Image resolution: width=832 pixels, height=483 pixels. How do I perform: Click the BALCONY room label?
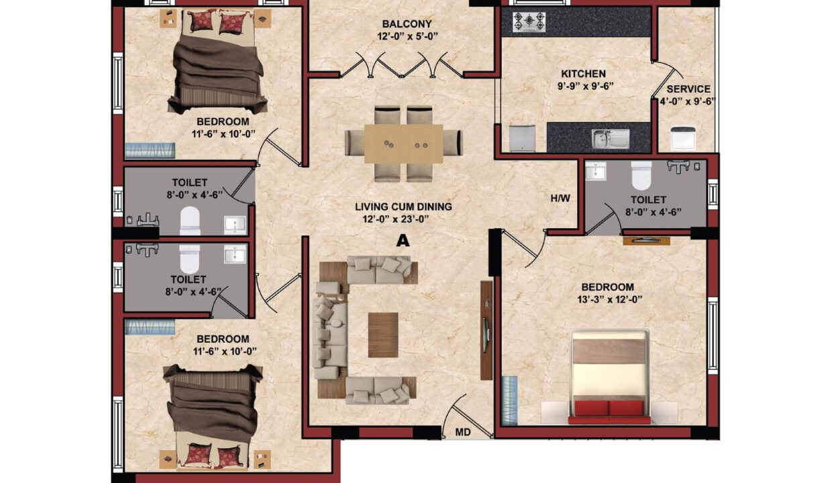click(407, 24)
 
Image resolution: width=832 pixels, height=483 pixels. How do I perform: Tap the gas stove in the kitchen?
click(529, 22)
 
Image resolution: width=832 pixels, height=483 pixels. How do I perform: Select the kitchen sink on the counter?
click(611, 139)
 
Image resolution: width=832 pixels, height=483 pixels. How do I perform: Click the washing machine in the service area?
click(683, 138)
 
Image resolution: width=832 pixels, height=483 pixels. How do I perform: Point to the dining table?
click(404, 144)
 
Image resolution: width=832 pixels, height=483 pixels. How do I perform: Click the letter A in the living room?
click(403, 241)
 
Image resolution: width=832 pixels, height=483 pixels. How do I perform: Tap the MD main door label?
click(463, 432)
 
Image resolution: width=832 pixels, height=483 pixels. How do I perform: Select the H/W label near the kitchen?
click(560, 199)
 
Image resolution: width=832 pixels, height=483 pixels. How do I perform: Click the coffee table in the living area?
click(383, 335)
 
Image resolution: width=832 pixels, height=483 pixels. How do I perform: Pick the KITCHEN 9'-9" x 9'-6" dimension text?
click(585, 86)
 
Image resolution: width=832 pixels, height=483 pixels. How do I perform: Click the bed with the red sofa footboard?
click(609, 376)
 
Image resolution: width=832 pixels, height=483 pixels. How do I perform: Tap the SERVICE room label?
click(688, 89)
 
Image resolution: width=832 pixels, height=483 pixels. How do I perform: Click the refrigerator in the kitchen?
click(522, 138)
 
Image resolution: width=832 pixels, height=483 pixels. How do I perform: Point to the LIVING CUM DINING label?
click(403, 207)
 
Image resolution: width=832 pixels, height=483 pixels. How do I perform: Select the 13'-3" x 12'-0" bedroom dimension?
click(609, 300)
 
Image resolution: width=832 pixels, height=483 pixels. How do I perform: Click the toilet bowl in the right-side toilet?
click(641, 175)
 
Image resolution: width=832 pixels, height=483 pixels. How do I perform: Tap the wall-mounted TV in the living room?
click(486, 335)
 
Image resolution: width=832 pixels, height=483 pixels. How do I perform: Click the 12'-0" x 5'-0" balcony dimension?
click(407, 37)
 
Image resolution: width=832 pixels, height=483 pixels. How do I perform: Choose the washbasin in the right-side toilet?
click(595, 171)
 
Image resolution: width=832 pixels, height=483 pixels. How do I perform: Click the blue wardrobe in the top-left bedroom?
click(150, 150)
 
